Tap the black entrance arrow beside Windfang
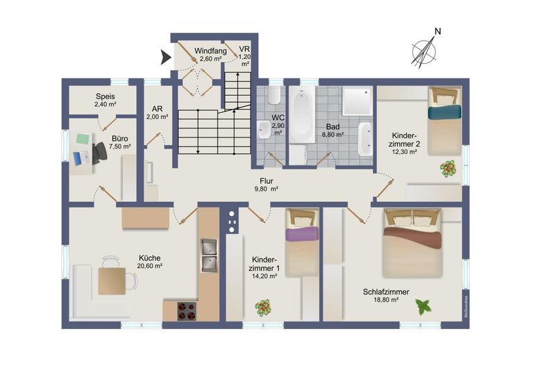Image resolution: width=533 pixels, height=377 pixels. click(166, 58)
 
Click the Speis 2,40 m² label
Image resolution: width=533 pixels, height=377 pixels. click(105, 101)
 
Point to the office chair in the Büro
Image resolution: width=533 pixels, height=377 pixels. click(98, 152)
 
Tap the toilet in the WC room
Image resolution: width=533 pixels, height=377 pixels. click(273, 96)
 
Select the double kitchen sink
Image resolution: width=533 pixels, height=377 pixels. click(208, 255)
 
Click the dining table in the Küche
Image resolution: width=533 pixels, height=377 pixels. click(111, 280)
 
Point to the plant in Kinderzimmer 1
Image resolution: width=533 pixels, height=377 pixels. click(263, 307)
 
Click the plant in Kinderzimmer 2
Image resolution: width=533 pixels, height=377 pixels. click(448, 168)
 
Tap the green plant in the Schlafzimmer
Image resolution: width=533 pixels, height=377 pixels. click(423, 305)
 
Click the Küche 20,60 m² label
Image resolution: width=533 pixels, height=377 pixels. click(149, 261)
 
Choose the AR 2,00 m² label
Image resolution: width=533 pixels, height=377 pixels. click(158, 113)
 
